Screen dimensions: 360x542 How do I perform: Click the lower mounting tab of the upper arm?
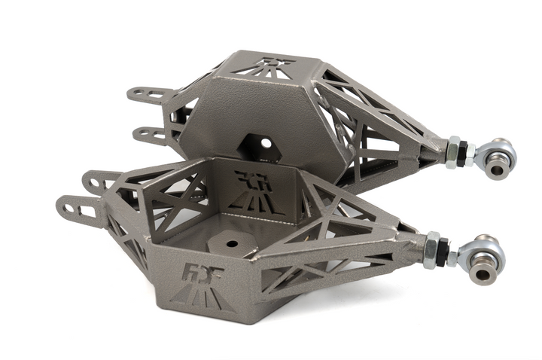(151, 134)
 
